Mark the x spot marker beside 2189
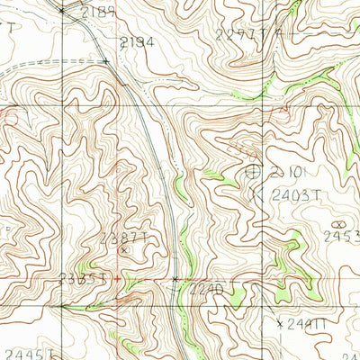(61, 11)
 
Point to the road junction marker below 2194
(105, 61)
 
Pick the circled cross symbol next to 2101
(253, 169)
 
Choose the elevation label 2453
(342, 237)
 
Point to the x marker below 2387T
(124, 250)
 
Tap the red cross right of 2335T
(116, 278)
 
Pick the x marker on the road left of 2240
(175, 280)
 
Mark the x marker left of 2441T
(279, 321)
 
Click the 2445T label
(22, 353)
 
